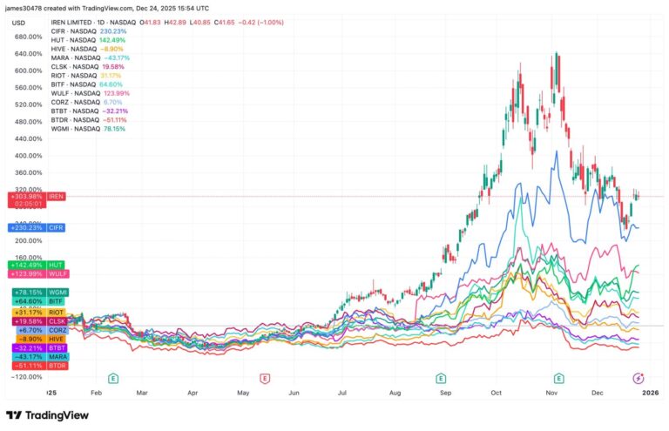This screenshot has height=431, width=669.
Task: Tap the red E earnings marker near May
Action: [264, 378]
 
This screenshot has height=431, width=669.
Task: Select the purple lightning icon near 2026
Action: [639, 378]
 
